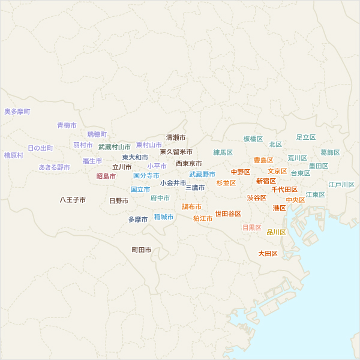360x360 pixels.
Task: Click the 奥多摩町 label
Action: pyautogui.click(x=17, y=112)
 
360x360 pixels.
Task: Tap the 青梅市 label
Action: pyautogui.click(x=67, y=125)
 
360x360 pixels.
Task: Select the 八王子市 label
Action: pyautogui.click(x=72, y=200)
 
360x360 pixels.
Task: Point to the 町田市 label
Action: pyautogui.click(x=141, y=250)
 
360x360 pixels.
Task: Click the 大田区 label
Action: pyautogui.click(x=268, y=254)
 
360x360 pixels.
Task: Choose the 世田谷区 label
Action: pyautogui.click(x=228, y=214)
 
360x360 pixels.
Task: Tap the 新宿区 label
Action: pyautogui.click(x=266, y=181)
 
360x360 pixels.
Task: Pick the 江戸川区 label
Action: pyautogui.click(x=341, y=184)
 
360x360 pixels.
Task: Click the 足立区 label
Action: pyautogui.click(x=305, y=137)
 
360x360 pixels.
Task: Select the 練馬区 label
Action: pyautogui.click(x=223, y=152)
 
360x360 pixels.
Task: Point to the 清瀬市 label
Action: pyautogui.click(x=176, y=137)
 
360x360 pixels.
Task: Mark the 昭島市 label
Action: pyautogui.click(x=106, y=176)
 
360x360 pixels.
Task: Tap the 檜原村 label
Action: pyautogui.click(x=13, y=155)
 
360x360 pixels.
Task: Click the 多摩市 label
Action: pyautogui.click(x=137, y=220)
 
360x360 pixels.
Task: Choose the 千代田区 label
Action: pyautogui.click(x=284, y=189)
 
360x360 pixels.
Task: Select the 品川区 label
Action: pyautogui.click(x=276, y=232)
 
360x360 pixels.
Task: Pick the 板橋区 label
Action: pyautogui.click(x=253, y=139)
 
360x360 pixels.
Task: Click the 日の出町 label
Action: pyautogui.click(x=40, y=148)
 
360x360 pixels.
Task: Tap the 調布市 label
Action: pyautogui.click(x=191, y=206)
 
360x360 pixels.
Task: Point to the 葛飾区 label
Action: pyautogui.click(x=330, y=152)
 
